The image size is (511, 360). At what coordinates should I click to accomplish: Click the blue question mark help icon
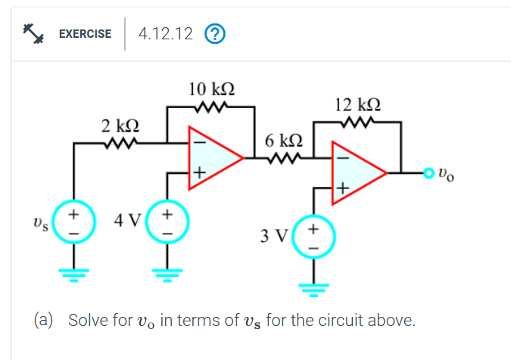[216, 34]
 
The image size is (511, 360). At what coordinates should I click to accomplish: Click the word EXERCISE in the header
[86, 34]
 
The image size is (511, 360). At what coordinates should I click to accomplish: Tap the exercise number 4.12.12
[165, 34]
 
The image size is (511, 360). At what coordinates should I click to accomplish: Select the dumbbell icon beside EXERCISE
[33, 33]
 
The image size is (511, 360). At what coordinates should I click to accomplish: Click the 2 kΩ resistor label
[120, 124]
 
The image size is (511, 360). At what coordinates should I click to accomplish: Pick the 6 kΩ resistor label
[285, 141]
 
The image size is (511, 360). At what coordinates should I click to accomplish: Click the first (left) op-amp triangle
[212, 158]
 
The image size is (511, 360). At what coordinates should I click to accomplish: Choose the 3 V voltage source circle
[313, 235]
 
